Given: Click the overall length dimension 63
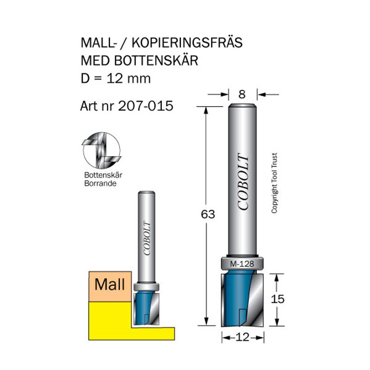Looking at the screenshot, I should [x=208, y=215].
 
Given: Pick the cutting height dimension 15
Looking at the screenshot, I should [x=277, y=299].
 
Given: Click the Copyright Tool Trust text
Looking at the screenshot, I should [x=274, y=183].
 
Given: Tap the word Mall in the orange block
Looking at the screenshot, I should [x=110, y=284].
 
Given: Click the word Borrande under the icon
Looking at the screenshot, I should [x=100, y=183].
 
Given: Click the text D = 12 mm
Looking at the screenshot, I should [x=116, y=79].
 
